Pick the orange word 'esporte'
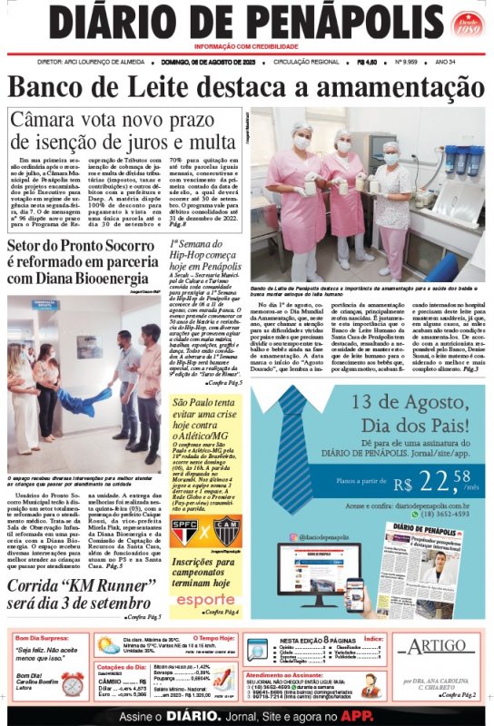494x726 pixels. [x=205, y=599]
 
